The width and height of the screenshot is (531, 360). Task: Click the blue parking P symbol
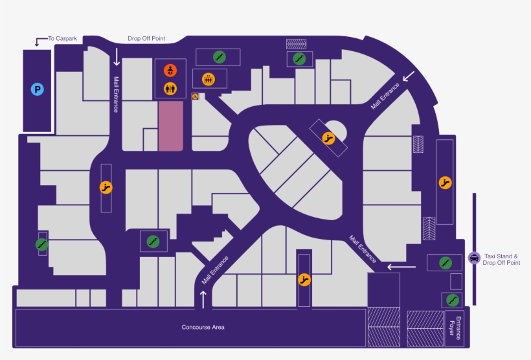[38, 89]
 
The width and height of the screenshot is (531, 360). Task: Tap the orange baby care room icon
[170, 71]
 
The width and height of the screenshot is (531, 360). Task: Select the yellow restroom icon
[170, 89]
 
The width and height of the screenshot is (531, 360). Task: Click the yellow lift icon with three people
[209, 79]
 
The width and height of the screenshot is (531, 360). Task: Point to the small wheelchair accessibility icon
[195, 96]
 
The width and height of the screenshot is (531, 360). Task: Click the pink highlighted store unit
[171, 126]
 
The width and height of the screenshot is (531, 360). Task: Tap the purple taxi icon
[474, 258]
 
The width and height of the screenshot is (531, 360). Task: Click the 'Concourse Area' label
[203, 327]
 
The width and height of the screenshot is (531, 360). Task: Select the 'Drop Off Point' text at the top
[146, 39]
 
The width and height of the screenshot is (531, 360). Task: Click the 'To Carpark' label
[62, 39]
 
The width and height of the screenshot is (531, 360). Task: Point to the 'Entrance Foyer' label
[455, 328]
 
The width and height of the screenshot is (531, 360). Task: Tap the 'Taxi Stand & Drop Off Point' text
[501, 260]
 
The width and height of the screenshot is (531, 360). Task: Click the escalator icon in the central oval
[328, 138]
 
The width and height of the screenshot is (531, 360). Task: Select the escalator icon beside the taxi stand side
[445, 183]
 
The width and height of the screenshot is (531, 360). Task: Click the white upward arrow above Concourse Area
[203, 299]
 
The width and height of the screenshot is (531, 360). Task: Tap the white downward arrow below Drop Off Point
[117, 57]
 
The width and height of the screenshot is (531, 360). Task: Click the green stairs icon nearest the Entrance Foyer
[453, 300]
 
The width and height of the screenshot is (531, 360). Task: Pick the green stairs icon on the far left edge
[41, 244]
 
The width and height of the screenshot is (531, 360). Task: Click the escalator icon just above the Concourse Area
[304, 280]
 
